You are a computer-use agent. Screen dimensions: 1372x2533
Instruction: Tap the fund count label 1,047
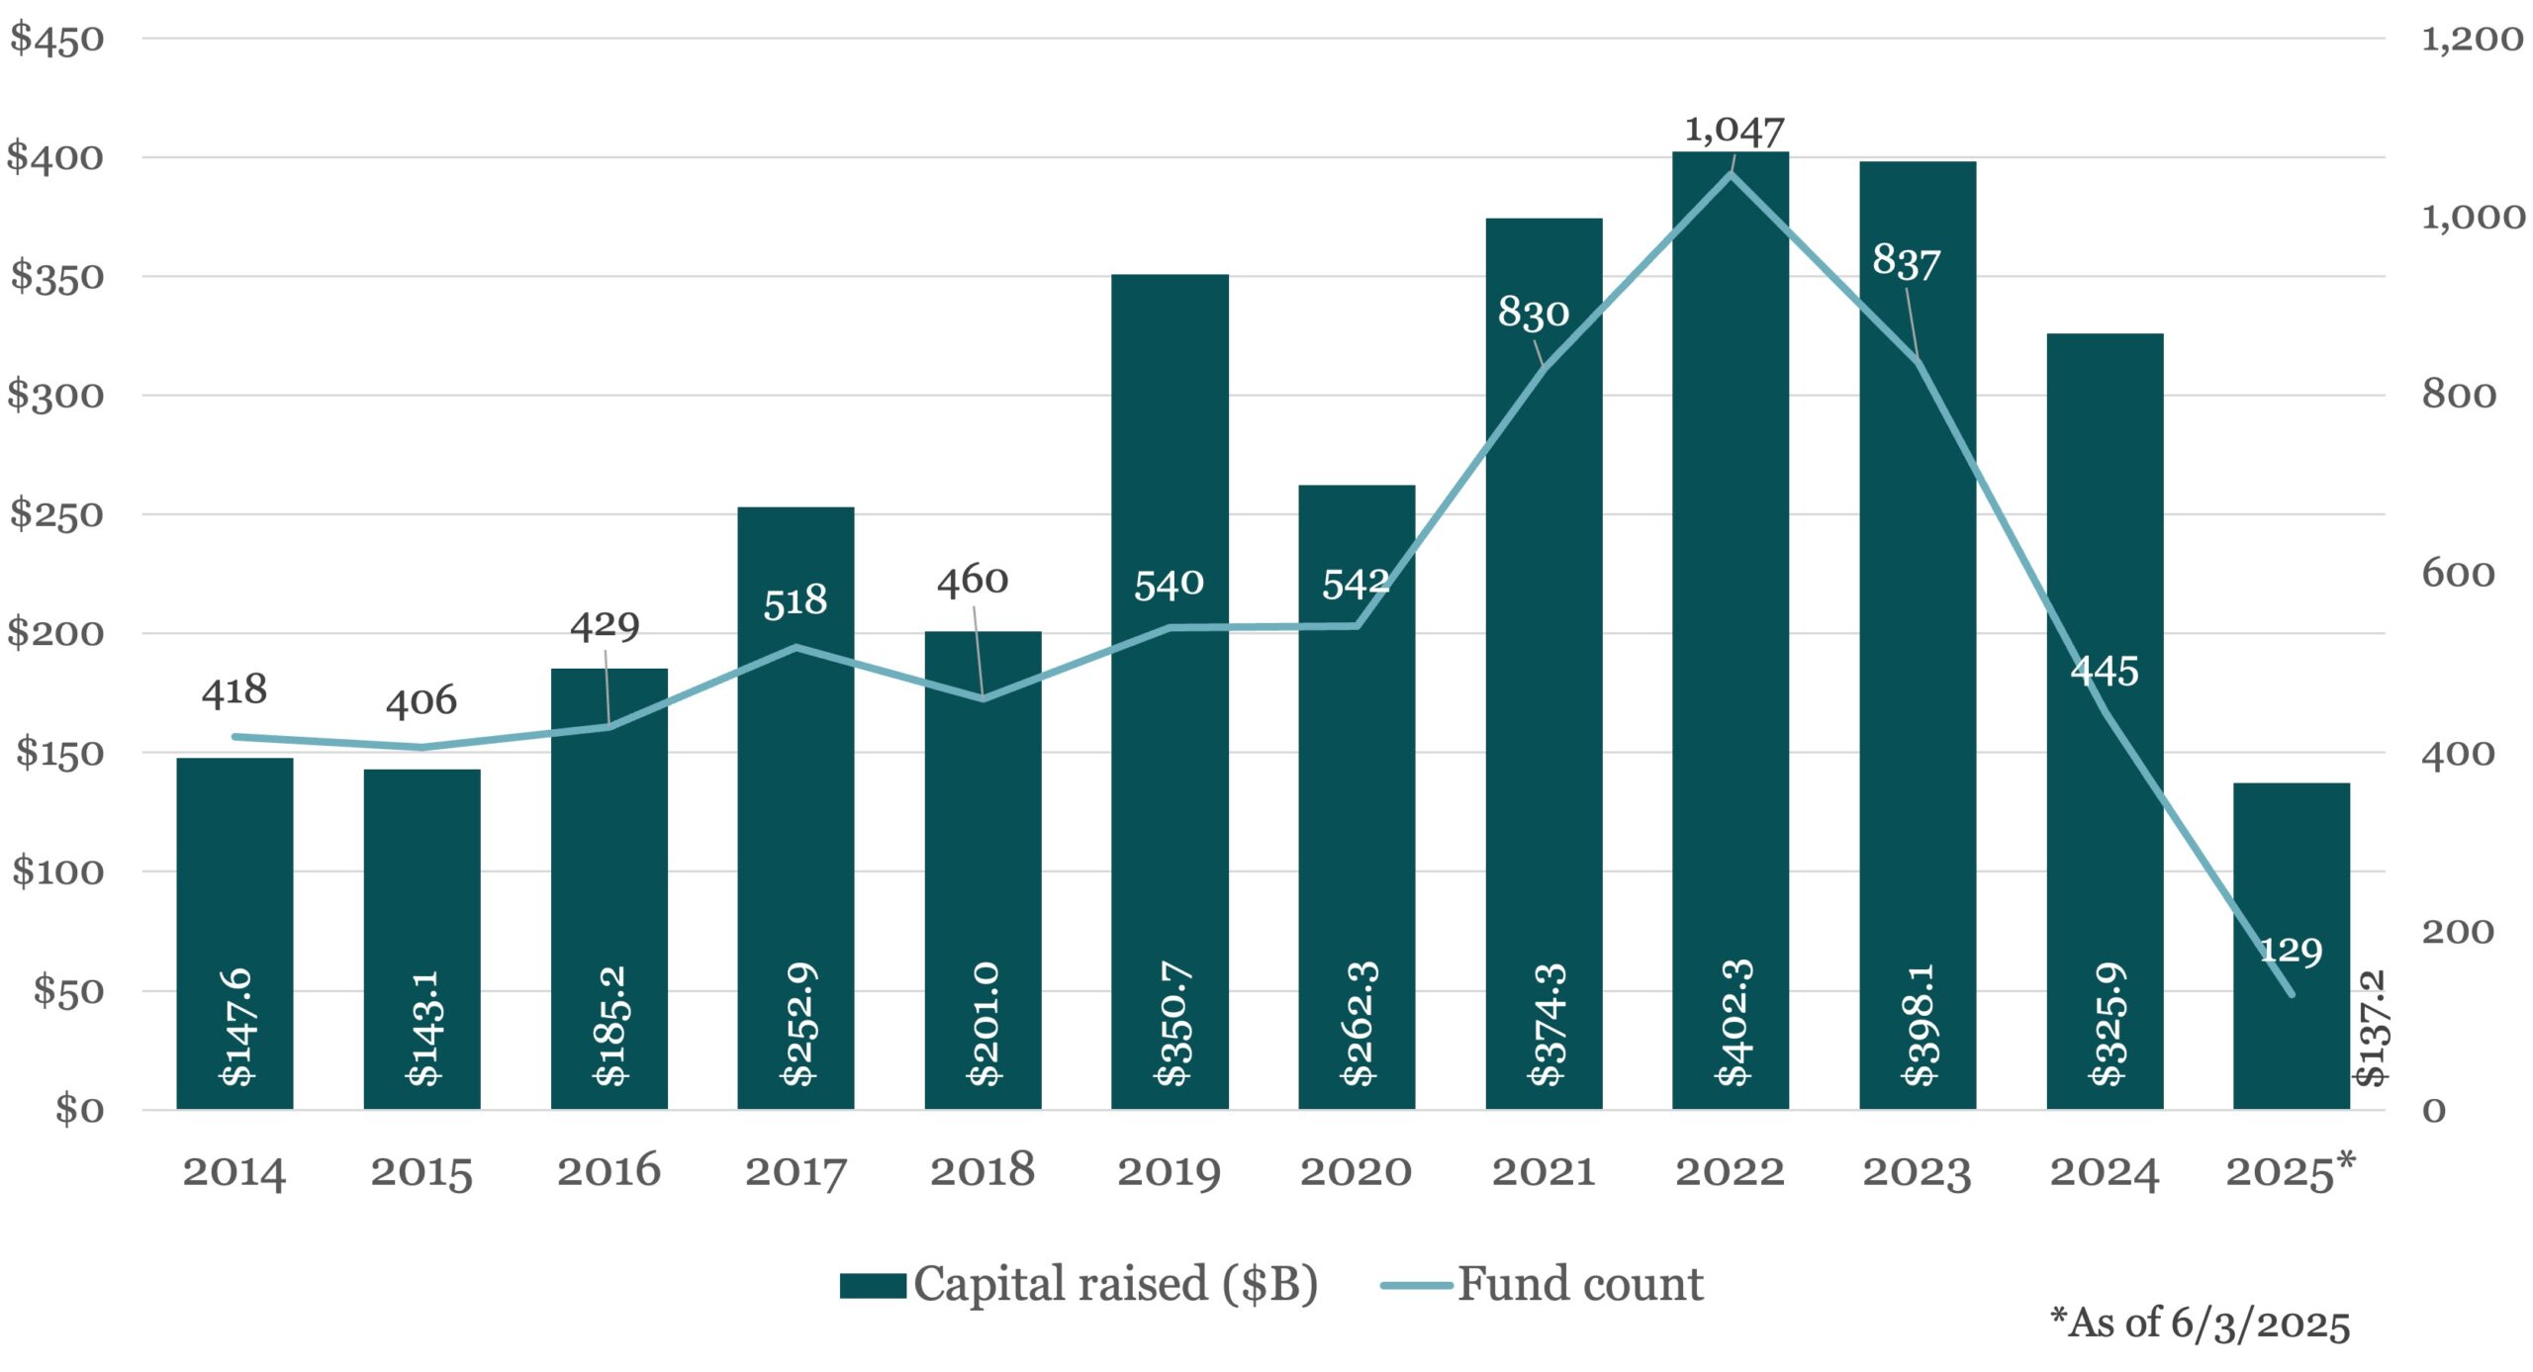coord(1734,130)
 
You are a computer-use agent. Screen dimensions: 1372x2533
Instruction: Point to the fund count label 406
coord(422,701)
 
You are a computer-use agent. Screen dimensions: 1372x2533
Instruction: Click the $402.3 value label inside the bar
coord(1734,1023)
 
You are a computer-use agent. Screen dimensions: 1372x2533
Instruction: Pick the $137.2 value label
coord(2372,1029)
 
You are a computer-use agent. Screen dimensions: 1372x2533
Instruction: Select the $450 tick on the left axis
coord(56,40)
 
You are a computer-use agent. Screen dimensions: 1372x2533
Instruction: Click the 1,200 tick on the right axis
coord(2472,40)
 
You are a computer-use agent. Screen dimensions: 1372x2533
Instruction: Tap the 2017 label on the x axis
coord(796,1172)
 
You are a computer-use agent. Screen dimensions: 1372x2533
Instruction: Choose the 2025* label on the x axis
coord(2290,1172)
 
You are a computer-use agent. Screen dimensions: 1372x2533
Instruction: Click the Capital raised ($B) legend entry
coord(1079,1285)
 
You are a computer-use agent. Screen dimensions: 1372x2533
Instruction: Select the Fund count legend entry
coord(1544,1285)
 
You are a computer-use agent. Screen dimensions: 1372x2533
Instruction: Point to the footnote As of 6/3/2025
coord(2200,1324)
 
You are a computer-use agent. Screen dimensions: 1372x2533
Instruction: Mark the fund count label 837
coord(1906,262)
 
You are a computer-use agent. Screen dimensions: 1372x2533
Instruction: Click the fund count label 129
coord(2291,952)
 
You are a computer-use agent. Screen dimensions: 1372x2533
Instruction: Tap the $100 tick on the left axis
coord(57,871)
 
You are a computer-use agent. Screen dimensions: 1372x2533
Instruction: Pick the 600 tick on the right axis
coord(2458,574)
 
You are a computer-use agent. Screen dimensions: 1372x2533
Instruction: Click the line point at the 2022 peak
coord(1731,174)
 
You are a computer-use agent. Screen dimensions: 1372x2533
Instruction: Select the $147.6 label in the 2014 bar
coord(236,1027)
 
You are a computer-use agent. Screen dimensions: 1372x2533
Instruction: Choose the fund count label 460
coord(973,581)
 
